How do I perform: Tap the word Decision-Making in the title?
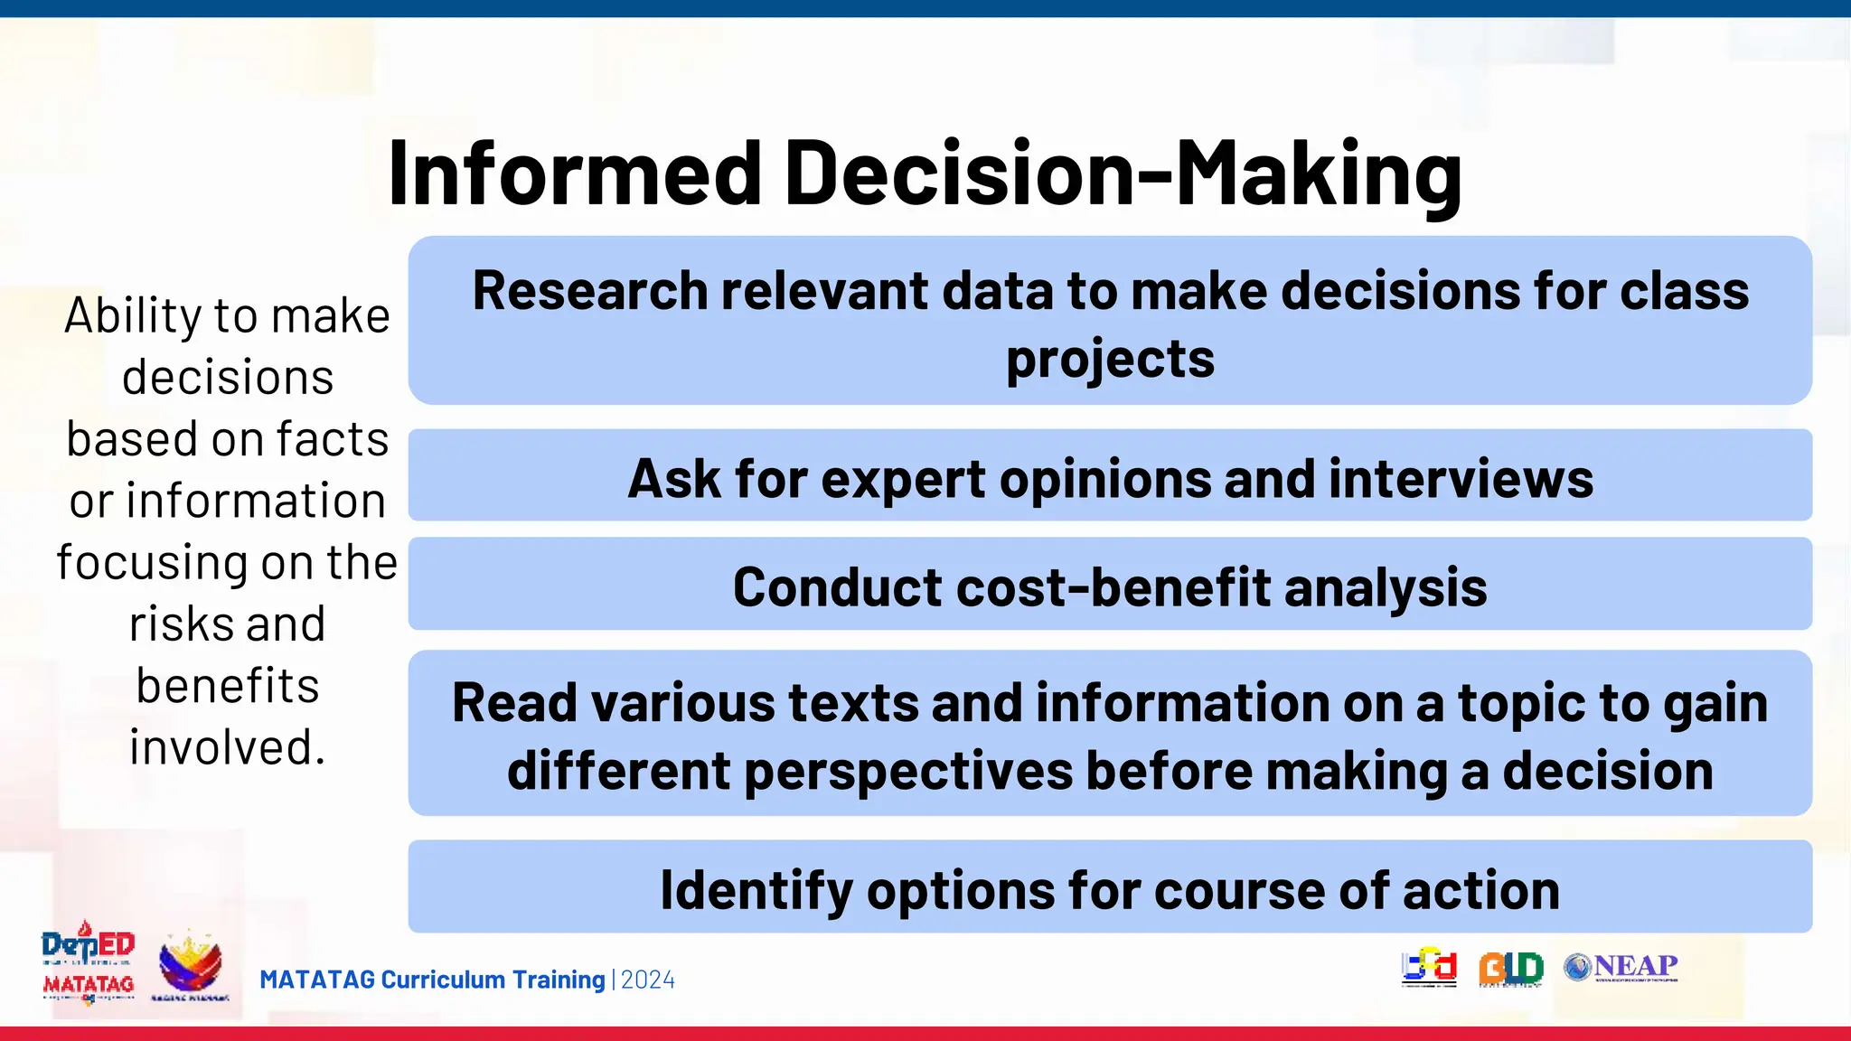(1123, 173)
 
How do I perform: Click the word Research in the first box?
(590, 291)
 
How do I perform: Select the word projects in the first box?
(1110, 360)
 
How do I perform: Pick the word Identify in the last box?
(756, 890)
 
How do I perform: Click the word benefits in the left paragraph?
(228, 686)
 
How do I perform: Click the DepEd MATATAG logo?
(89, 964)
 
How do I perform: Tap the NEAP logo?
(1621, 967)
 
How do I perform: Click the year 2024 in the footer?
(648, 980)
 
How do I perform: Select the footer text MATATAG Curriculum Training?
(432, 980)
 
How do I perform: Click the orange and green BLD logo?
(1510, 969)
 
